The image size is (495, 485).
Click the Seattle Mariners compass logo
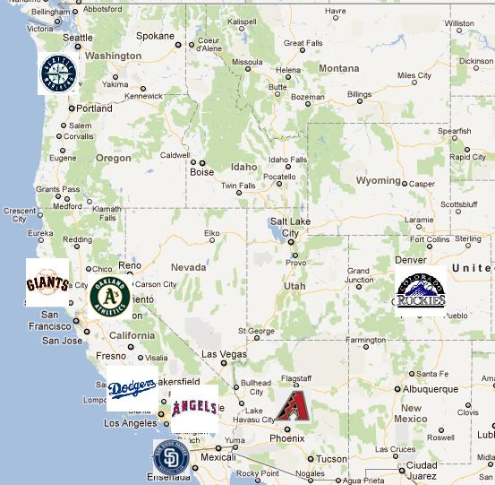click(x=57, y=74)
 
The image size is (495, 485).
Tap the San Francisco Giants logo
click(x=47, y=283)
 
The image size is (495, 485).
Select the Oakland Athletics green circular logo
click(x=110, y=297)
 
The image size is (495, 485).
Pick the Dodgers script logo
click(x=132, y=388)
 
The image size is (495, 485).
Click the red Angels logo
click(x=193, y=409)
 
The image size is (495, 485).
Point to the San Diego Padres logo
click(x=170, y=457)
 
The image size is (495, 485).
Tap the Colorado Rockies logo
click(x=420, y=291)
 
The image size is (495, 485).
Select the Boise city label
click(x=202, y=172)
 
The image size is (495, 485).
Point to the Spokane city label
click(x=156, y=36)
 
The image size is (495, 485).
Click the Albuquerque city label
click(x=431, y=389)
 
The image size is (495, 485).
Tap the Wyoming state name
click(x=378, y=180)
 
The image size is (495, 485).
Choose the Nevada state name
click(x=188, y=267)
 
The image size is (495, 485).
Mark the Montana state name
click(x=338, y=68)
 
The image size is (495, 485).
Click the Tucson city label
click(x=332, y=459)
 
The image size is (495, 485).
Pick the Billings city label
click(x=359, y=94)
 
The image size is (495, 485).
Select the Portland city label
click(x=94, y=108)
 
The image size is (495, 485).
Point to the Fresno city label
click(x=112, y=356)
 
